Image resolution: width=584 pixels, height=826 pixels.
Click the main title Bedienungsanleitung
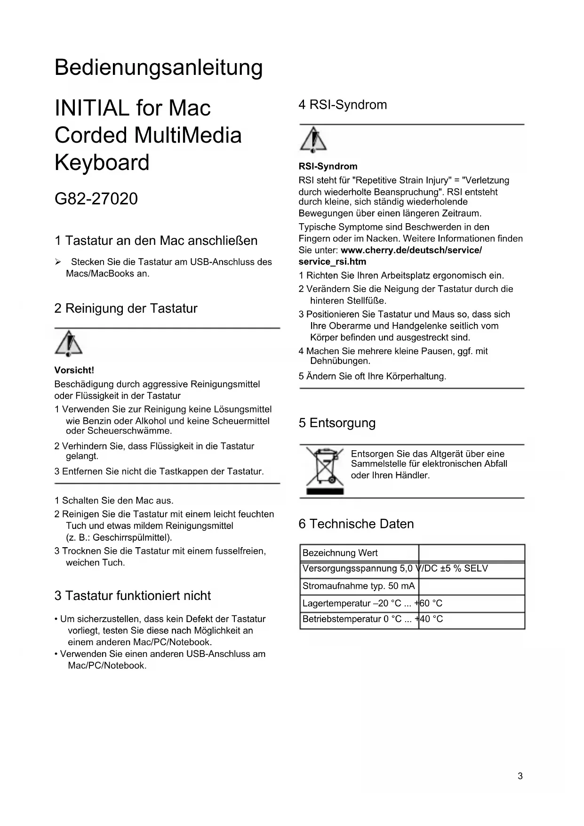(159, 68)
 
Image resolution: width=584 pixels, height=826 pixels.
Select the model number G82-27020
(96, 199)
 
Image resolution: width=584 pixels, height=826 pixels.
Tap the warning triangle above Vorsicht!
(69, 343)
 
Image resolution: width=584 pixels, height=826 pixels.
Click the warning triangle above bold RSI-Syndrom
(313, 140)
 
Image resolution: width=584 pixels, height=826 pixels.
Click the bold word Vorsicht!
(74, 370)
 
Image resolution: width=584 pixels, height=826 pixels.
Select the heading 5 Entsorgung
(337, 423)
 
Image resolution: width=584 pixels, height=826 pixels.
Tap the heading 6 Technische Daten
(356, 524)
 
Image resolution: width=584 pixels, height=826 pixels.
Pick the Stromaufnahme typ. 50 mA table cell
(359, 586)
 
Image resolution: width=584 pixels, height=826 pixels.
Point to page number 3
(520, 776)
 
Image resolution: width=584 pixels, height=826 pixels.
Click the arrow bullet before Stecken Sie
(58, 262)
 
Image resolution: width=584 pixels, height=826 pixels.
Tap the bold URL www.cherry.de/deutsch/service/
(411, 250)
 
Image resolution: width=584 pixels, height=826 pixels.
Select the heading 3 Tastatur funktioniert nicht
(133, 596)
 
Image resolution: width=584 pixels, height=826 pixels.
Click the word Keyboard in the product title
(102, 163)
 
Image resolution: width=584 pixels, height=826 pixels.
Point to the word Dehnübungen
(340, 361)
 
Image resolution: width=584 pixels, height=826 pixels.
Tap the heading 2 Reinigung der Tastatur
(126, 308)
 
